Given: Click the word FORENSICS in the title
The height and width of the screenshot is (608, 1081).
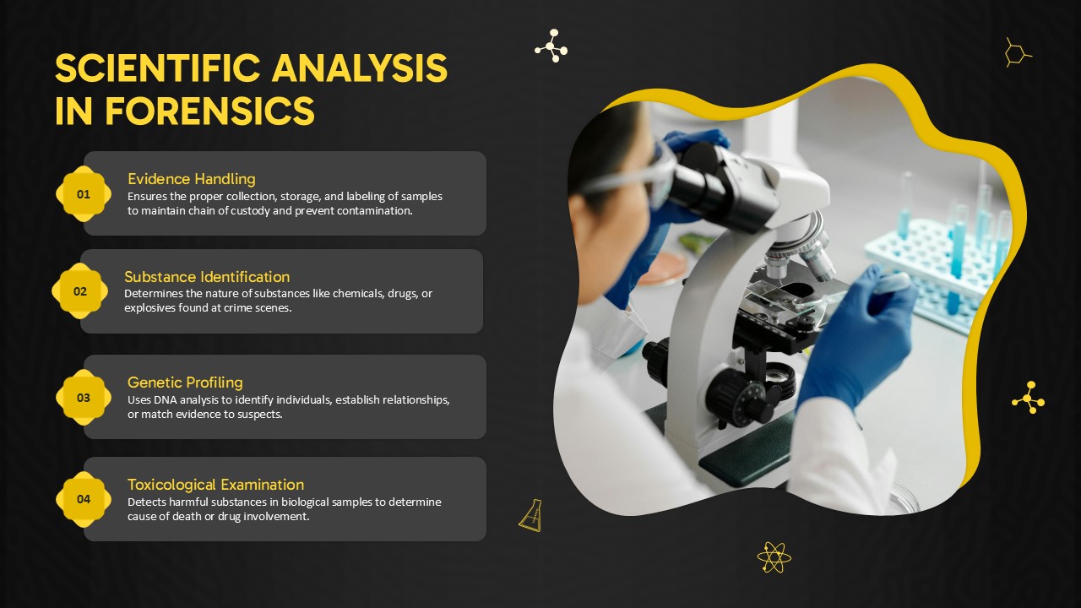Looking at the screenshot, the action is [x=210, y=111].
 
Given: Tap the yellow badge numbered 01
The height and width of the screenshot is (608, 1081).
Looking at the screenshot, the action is [x=84, y=194].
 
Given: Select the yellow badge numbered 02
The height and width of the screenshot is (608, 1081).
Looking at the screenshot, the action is [x=80, y=291].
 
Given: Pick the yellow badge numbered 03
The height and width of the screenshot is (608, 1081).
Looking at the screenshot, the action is [x=84, y=398].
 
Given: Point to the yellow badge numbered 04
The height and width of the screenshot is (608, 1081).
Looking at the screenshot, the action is [x=84, y=499].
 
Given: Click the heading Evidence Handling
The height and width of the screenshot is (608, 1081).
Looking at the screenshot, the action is [x=192, y=179].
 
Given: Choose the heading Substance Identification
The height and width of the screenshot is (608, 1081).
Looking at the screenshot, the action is [x=207, y=276].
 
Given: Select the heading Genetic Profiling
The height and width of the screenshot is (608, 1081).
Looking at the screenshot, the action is [x=185, y=383].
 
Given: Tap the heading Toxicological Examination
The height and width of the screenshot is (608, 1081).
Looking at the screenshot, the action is [x=215, y=485].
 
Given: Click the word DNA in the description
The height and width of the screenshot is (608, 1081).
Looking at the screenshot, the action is [x=165, y=400].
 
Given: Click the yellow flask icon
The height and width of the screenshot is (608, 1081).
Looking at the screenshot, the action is [x=531, y=516].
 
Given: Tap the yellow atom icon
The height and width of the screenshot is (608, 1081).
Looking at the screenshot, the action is [x=774, y=557].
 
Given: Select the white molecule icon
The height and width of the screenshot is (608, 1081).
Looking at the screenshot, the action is [x=551, y=46].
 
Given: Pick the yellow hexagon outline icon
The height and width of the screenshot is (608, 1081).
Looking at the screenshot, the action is [x=1017, y=52].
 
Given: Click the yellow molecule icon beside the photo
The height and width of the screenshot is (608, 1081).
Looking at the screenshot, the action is [x=1029, y=398].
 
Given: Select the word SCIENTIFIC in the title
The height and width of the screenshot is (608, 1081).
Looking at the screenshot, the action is [x=158, y=68].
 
